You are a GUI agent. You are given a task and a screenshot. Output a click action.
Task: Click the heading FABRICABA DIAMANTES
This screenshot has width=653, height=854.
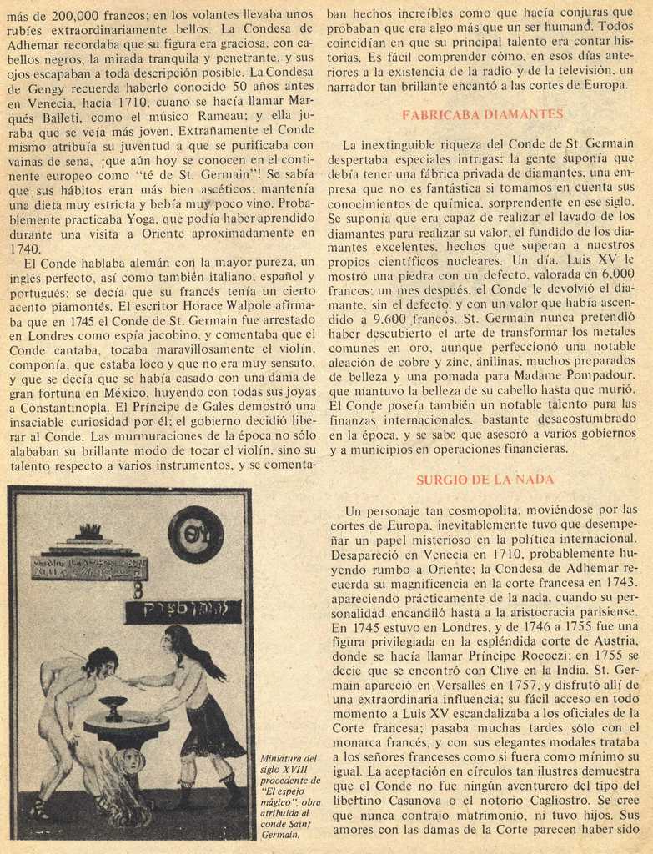coord(483,114)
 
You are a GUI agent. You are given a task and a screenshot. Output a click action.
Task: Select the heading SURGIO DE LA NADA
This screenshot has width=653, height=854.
coord(485,480)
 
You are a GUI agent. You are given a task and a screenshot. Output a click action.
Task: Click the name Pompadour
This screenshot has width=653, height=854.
coord(597,375)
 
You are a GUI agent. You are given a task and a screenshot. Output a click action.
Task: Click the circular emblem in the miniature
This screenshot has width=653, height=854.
coord(195,535)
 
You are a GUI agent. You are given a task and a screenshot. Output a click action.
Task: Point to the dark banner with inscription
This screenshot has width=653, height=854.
coord(171,611)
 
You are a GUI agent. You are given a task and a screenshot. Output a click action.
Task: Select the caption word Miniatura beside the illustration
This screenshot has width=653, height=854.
coord(283,757)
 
